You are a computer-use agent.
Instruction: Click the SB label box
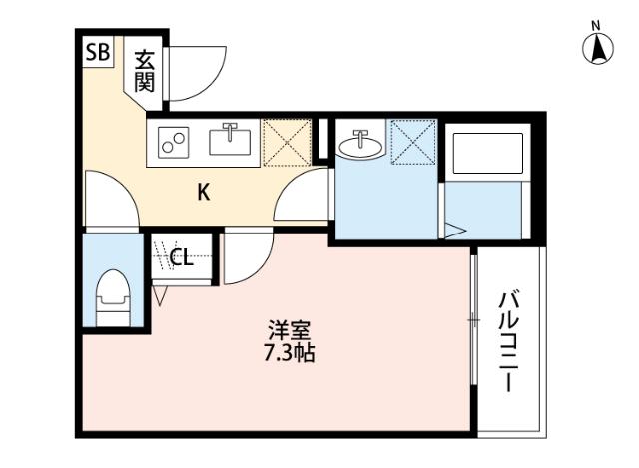click(97, 53)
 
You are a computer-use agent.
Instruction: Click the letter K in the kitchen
click(203, 193)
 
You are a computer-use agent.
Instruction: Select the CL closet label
click(181, 259)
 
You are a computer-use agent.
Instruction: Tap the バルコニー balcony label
click(509, 339)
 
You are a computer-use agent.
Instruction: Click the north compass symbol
click(597, 48)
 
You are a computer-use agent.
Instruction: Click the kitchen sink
click(231, 141)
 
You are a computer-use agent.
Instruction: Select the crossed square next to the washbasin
click(413, 142)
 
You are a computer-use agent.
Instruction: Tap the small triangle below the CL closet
click(160, 294)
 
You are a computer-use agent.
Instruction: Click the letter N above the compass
click(597, 24)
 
